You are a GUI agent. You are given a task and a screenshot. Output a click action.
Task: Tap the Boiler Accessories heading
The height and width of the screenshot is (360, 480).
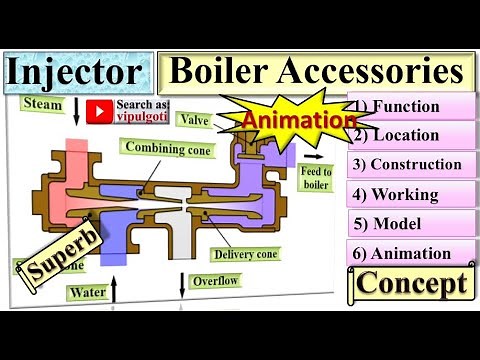[x=316, y=71]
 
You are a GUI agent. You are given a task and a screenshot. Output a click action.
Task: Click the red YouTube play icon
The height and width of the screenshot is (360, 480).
[x=98, y=109]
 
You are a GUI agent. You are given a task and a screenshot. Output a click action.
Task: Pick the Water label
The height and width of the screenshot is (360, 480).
[x=87, y=293]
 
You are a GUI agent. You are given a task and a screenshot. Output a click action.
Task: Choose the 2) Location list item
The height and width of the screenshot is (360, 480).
[x=410, y=135]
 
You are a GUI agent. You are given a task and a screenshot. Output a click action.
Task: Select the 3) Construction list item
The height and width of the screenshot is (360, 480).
[x=410, y=164]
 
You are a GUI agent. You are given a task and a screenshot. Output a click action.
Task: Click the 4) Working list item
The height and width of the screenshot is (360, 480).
[x=410, y=194]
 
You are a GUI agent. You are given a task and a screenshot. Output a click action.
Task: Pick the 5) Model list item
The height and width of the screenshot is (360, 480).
[x=410, y=223]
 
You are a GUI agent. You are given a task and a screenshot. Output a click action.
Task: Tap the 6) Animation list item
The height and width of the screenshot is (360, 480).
[x=410, y=253]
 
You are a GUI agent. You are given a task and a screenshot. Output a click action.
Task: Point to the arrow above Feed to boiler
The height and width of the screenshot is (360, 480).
[x=316, y=157]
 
